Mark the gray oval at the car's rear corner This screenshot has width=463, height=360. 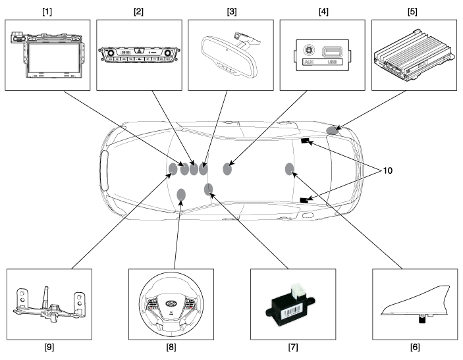[x=332, y=130]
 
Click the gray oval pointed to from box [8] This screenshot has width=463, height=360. [x=181, y=194]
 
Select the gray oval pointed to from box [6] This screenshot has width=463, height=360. [x=289, y=169]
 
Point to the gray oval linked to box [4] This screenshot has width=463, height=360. [x=228, y=169]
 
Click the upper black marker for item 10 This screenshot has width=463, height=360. [x=305, y=141]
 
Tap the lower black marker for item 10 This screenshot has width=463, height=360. [x=304, y=200]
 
